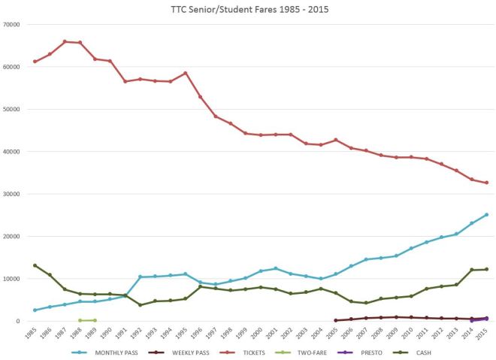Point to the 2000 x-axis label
point(258,334)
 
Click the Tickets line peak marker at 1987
point(65,41)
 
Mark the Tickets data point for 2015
point(487,183)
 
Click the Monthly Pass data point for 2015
point(487,214)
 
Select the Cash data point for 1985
point(35,265)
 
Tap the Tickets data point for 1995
point(186,73)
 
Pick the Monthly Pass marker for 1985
point(35,310)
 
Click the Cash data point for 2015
point(487,269)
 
